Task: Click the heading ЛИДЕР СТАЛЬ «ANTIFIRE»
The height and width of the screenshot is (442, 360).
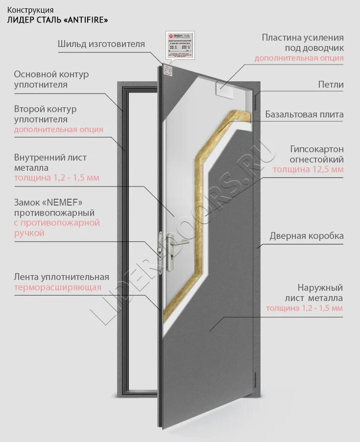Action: [57, 20]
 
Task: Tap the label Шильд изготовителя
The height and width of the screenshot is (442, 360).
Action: [101, 44]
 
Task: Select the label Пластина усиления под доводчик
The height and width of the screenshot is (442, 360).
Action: [302, 43]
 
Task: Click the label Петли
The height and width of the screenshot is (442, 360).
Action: [331, 85]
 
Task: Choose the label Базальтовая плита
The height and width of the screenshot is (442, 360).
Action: [304, 115]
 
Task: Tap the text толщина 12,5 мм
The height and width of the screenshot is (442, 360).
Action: [308, 170]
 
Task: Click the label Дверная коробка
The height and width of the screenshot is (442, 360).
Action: [307, 236]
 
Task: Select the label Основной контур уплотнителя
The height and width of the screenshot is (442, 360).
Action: [51, 79]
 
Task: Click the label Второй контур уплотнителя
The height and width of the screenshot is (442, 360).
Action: [45, 114]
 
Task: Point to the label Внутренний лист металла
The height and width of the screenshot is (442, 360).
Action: [50, 163]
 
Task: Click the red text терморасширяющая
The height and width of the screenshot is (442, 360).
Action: [58, 288]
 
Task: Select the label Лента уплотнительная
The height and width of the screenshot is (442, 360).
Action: [61, 277]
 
